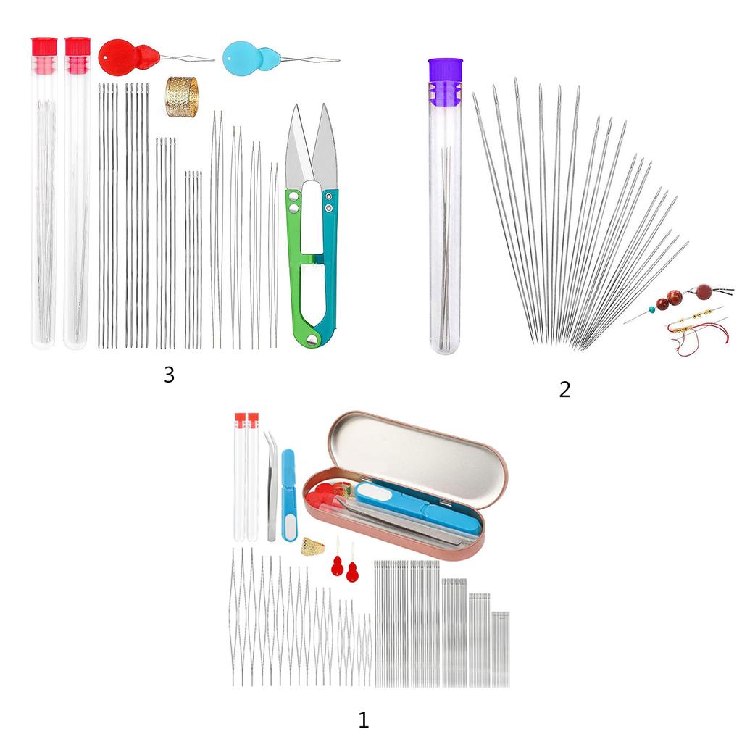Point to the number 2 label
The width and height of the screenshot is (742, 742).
pyautogui.click(x=564, y=389)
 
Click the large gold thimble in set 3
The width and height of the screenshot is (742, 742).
pyautogui.click(x=182, y=97)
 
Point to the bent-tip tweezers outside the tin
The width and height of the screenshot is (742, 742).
pyautogui.click(x=270, y=485)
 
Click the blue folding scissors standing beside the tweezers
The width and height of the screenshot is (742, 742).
pyautogui.click(x=288, y=493)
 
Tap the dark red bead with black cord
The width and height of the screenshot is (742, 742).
pyautogui.click(x=705, y=293)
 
